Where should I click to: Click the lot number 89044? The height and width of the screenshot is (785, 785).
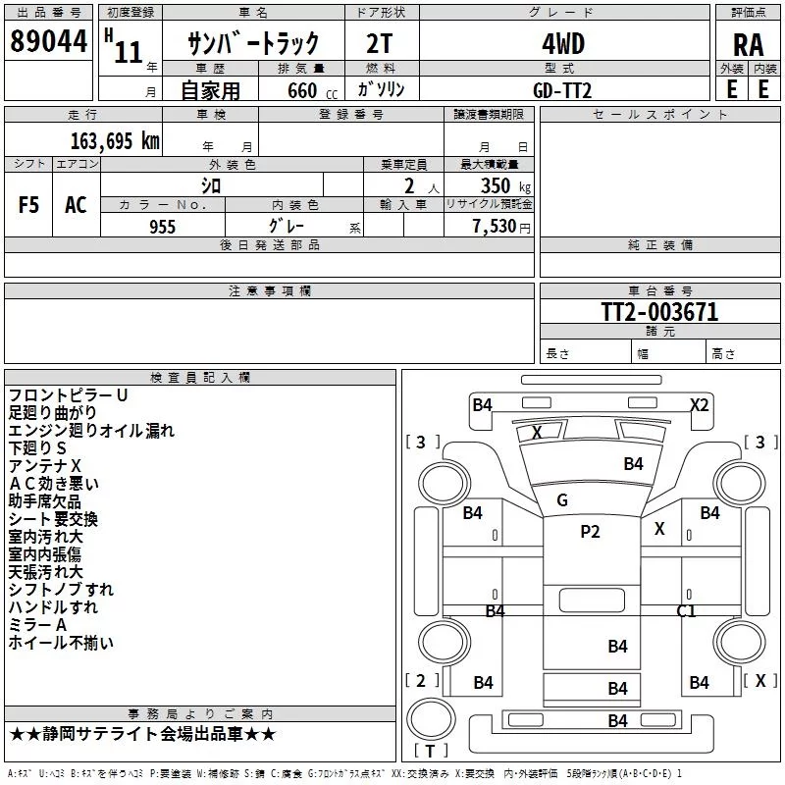48,41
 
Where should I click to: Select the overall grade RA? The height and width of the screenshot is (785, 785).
748,45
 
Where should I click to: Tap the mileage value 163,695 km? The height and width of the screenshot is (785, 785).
115,141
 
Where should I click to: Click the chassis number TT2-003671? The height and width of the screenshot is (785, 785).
659,312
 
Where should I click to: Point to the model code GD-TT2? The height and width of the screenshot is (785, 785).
562,90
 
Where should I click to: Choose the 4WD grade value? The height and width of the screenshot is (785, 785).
563,44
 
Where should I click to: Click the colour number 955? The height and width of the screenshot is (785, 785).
162,227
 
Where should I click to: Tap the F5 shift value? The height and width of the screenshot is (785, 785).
28,205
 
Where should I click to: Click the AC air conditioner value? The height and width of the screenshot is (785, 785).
76,205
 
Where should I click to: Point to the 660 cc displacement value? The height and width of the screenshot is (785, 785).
312,91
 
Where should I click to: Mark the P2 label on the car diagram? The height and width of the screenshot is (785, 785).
590,531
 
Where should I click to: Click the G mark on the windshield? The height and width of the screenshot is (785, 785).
562,499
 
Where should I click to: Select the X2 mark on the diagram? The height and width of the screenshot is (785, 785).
700,404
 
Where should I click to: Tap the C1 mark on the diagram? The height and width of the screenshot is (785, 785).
686,610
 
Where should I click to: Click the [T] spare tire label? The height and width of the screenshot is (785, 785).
430,751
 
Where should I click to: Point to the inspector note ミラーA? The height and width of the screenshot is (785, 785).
37,625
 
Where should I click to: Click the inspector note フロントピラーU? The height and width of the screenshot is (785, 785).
68,395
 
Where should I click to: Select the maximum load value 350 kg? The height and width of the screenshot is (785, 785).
505,186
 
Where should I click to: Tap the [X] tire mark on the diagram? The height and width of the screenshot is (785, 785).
760,680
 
